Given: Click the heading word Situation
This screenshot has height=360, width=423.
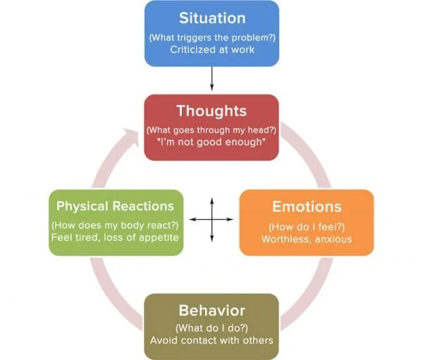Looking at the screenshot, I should click(211, 18).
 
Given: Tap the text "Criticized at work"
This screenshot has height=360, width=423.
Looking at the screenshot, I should click(211, 50).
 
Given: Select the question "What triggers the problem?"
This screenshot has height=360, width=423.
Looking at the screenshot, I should click(211, 37).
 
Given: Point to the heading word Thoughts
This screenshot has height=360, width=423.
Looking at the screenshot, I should click(211, 111).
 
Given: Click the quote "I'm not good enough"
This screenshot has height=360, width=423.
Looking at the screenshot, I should click(211, 144).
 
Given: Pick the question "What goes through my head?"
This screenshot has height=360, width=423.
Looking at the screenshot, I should click(211, 130).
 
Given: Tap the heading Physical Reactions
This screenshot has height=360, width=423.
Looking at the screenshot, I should click(115, 206).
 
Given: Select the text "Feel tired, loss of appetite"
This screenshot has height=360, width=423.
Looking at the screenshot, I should click(115, 237).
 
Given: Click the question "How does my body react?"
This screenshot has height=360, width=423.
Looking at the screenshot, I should click(115, 225).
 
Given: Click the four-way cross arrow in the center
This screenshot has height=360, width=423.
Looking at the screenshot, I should click(211, 221).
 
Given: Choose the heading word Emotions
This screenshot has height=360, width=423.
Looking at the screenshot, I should click(307, 207).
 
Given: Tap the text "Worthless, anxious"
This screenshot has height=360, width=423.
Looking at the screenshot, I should click(307, 239).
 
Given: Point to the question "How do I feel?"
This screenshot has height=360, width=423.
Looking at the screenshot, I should click(307, 226).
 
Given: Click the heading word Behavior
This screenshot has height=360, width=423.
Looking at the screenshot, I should click(211, 310).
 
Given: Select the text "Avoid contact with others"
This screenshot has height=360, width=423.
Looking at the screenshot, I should click(211, 341).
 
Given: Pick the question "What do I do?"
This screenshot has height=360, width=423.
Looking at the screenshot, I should click(211, 328).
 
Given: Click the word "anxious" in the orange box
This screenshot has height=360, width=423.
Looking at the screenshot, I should click(331, 239).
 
